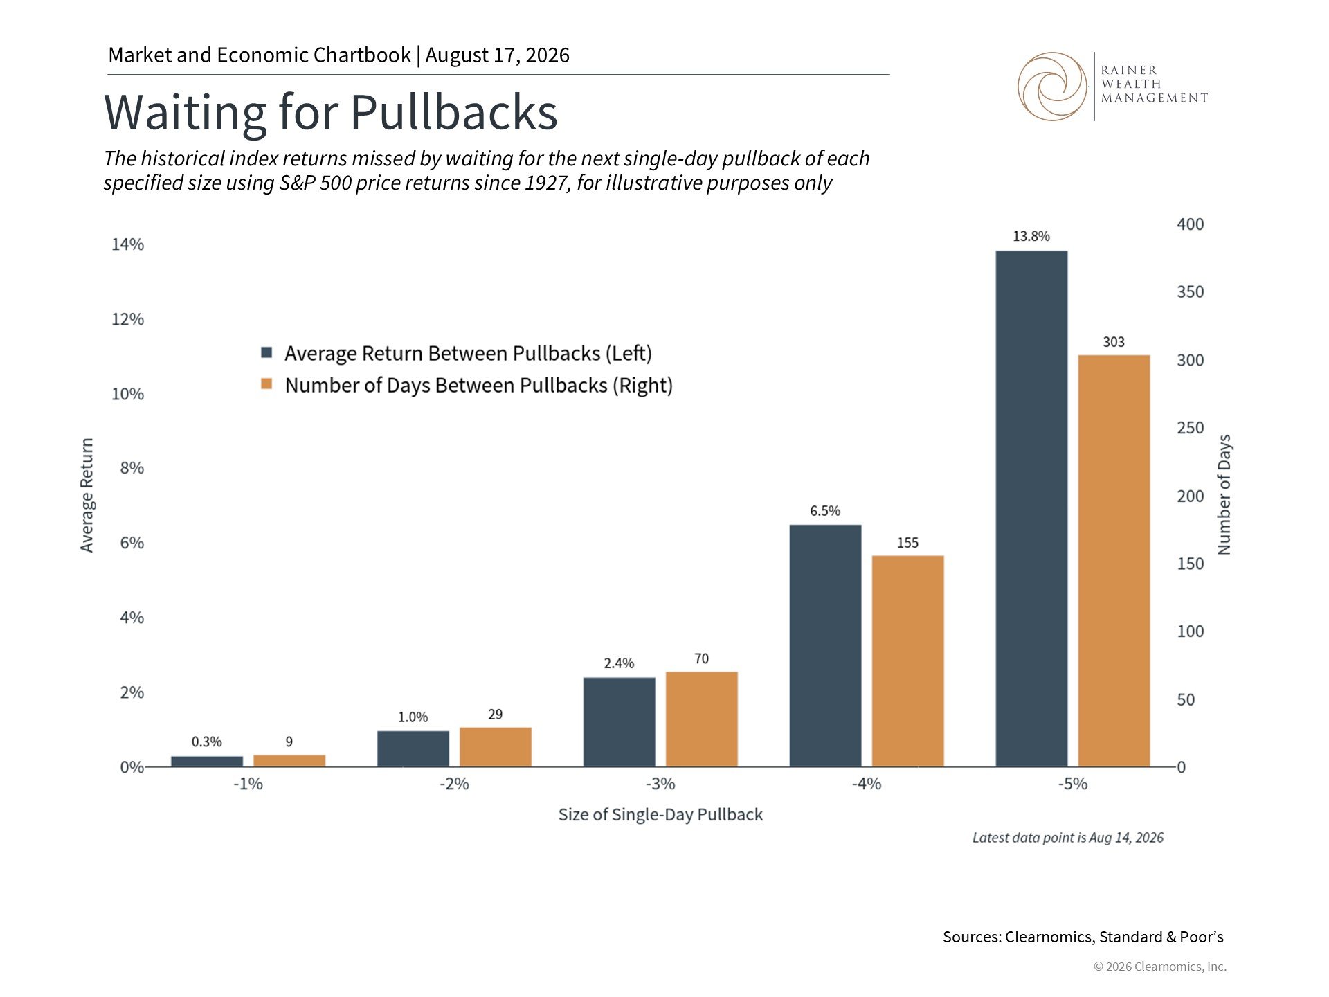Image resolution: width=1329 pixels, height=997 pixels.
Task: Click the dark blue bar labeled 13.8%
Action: click(x=1031, y=509)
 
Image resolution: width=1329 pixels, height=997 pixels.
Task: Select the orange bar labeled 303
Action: click(x=1114, y=561)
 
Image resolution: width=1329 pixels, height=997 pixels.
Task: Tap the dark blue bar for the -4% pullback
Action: click(x=825, y=645)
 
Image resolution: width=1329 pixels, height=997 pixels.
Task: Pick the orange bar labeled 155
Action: click(x=907, y=661)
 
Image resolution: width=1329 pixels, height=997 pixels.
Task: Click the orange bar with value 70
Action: click(x=701, y=719)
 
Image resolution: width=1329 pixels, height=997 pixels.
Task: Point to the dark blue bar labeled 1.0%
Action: click(x=413, y=749)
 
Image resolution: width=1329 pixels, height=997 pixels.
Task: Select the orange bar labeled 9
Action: click(x=289, y=761)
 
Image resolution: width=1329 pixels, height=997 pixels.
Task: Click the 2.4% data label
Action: click(x=619, y=663)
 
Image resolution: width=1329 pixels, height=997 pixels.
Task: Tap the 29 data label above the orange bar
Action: click(x=495, y=714)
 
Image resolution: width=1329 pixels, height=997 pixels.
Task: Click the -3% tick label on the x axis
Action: click(x=660, y=784)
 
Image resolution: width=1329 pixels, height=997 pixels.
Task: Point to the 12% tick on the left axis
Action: click(x=128, y=319)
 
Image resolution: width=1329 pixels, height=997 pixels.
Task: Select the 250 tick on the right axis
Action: click(x=1191, y=428)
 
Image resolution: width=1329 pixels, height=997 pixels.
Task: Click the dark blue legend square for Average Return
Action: click(x=266, y=352)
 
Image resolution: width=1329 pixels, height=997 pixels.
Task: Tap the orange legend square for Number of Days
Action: click(x=266, y=384)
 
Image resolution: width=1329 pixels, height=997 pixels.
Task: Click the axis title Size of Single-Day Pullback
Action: click(x=660, y=814)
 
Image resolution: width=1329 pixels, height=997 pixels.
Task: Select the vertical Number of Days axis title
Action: click(x=1224, y=494)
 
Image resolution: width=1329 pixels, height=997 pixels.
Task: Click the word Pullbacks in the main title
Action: click(x=453, y=112)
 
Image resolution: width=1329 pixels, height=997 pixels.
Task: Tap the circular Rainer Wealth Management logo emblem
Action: click(x=1052, y=87)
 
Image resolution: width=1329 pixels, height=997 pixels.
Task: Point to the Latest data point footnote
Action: click(x=1068, y=838)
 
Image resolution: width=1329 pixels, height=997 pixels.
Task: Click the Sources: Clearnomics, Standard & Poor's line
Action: click(x=1083, y=937)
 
